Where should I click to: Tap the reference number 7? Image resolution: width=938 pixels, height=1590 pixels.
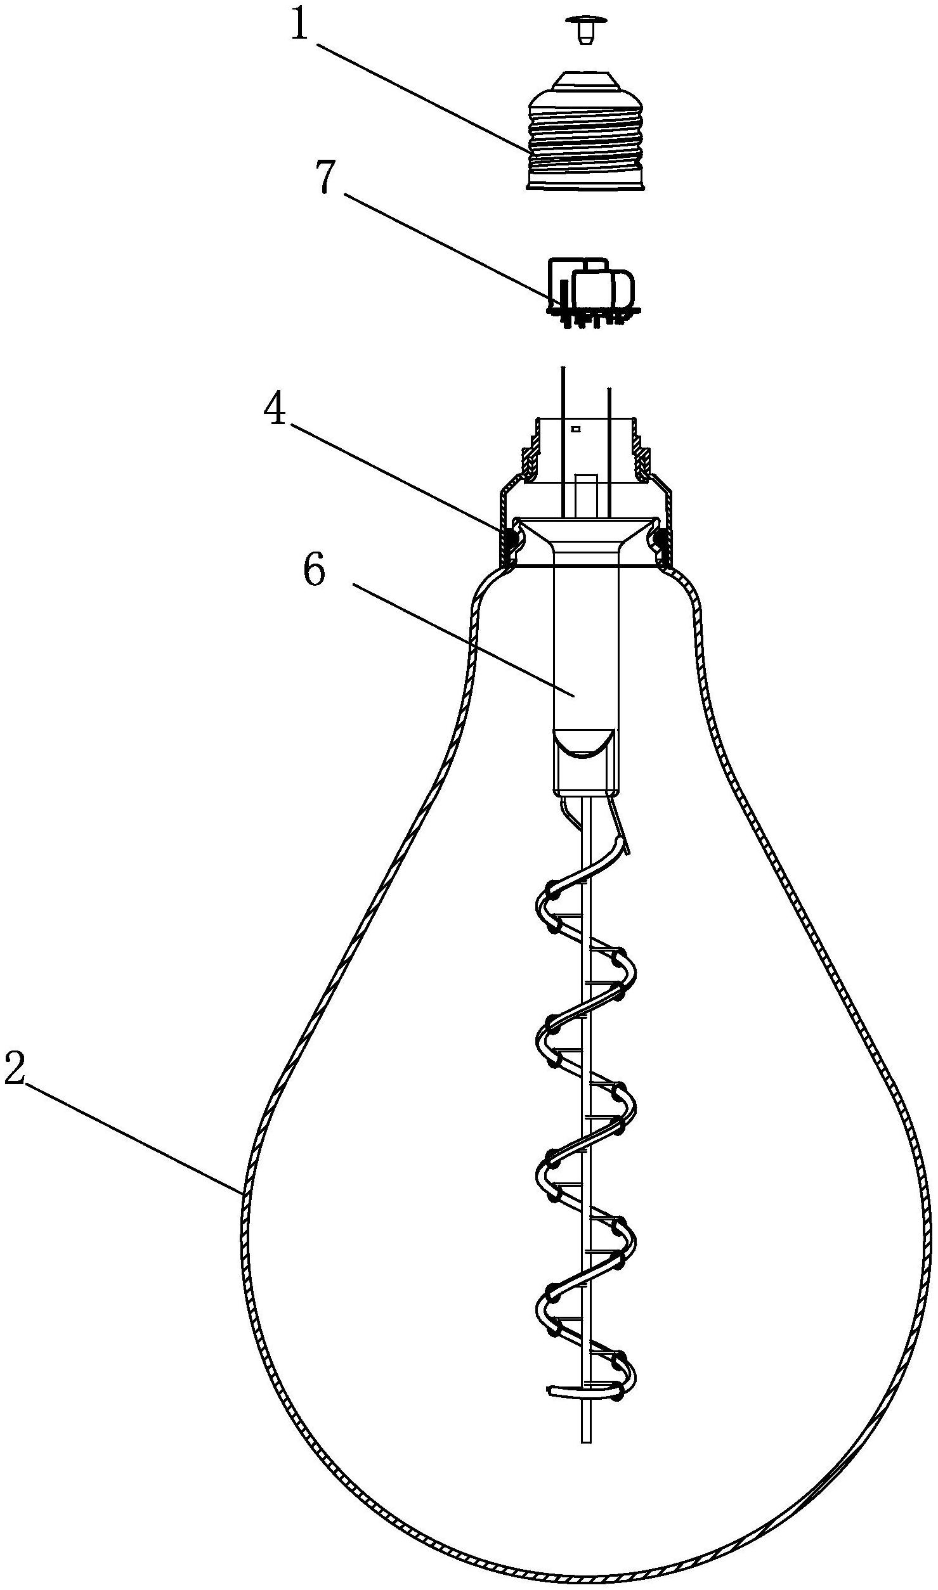[325, 178]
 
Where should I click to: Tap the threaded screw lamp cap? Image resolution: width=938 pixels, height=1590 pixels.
[587, 130]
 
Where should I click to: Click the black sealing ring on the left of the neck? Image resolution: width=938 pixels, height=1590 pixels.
[509, 540]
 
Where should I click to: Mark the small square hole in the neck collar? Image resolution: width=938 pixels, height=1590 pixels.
[576, 429]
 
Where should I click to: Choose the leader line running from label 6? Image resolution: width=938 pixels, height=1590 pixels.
[463, 640]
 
